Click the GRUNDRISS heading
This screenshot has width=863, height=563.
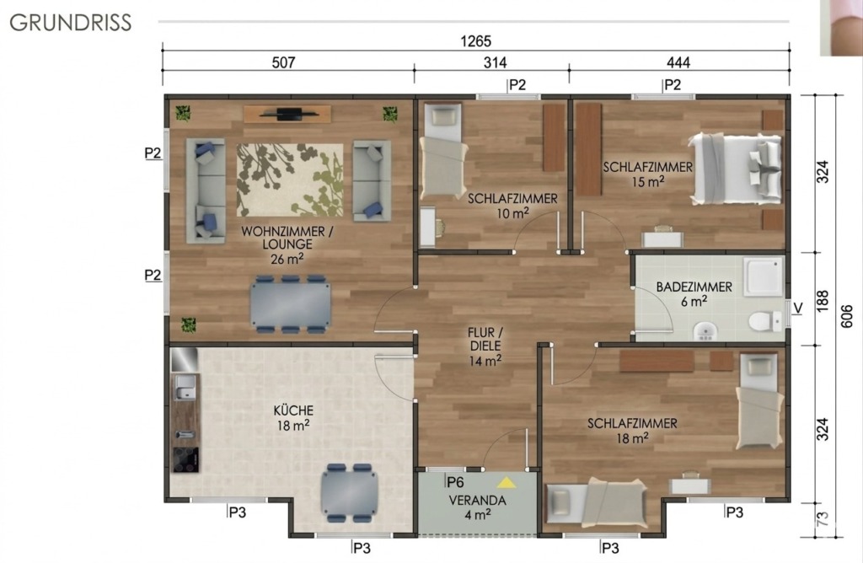[x=71, y=23]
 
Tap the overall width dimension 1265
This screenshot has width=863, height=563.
[x=475, y=41]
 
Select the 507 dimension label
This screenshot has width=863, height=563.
[x=283, y=62]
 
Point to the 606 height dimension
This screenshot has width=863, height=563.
[x=848, y=316]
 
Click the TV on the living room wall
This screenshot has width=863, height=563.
[x=289, y=114]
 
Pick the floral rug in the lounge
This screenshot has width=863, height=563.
[x=290, y=180]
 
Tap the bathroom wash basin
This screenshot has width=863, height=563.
[x=705, y=331]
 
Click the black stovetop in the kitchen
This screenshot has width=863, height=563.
[x=185, y=459]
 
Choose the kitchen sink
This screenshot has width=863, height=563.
[x=185, y=387]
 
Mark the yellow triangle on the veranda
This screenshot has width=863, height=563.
[x=507, y=483]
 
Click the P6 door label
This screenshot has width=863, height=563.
[x=455, y=483]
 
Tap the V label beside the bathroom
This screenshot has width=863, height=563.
[x=797, y=308]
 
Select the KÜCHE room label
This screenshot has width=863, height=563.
[x=293, y=410]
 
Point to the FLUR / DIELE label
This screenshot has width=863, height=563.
[x=485, y=340]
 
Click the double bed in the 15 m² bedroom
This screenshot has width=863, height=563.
[x=735, y=168]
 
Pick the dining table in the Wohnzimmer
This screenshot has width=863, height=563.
[x=291, y=304]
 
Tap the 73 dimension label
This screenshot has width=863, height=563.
[x=823, y=519]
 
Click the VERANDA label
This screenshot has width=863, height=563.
[x=477, y=501]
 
